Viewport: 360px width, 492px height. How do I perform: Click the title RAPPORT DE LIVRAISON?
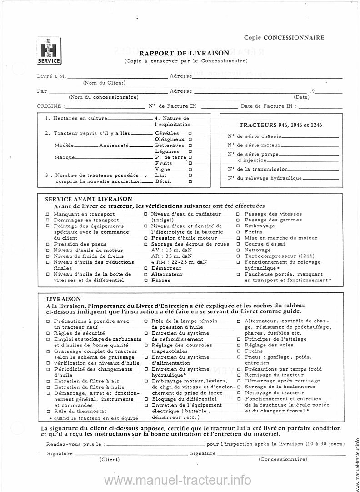184,54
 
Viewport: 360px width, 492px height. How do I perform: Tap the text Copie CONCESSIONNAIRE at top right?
284,37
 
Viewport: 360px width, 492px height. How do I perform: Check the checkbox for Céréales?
190,134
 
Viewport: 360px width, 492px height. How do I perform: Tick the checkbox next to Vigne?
190,169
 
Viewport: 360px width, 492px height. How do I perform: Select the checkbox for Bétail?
190,181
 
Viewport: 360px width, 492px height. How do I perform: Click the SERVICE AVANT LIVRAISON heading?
89,199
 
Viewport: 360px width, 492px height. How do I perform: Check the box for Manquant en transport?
48,214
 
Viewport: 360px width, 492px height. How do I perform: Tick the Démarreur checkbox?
145,268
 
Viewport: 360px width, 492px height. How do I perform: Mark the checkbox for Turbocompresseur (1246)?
239,256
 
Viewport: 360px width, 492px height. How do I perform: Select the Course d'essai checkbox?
239,244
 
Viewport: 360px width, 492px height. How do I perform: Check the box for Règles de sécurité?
48,333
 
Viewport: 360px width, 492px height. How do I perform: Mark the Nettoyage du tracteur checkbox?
239,393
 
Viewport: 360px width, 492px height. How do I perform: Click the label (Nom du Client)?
104,83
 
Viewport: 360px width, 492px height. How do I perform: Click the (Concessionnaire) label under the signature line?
282,459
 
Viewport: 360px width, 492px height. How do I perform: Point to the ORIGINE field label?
49,106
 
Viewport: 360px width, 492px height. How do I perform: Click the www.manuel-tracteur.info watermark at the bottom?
177,480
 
